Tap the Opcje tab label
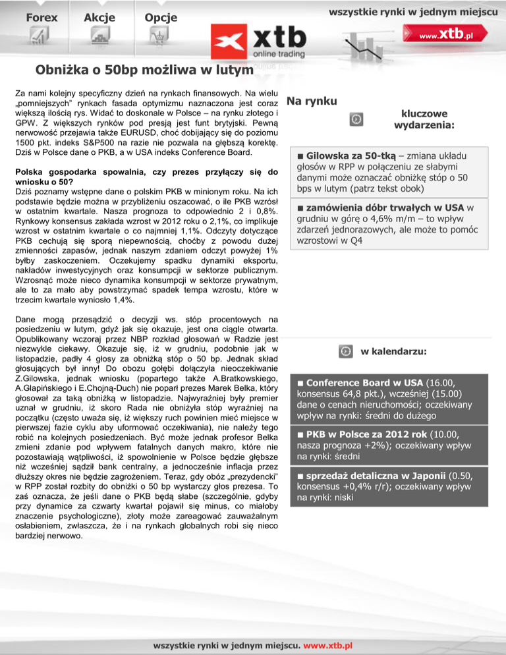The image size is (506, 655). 161,18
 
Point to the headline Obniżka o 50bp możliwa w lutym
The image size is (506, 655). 145,69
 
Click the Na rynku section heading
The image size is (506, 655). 312,101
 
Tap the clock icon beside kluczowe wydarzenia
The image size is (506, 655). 355,119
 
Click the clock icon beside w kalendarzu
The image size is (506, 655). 345,351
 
